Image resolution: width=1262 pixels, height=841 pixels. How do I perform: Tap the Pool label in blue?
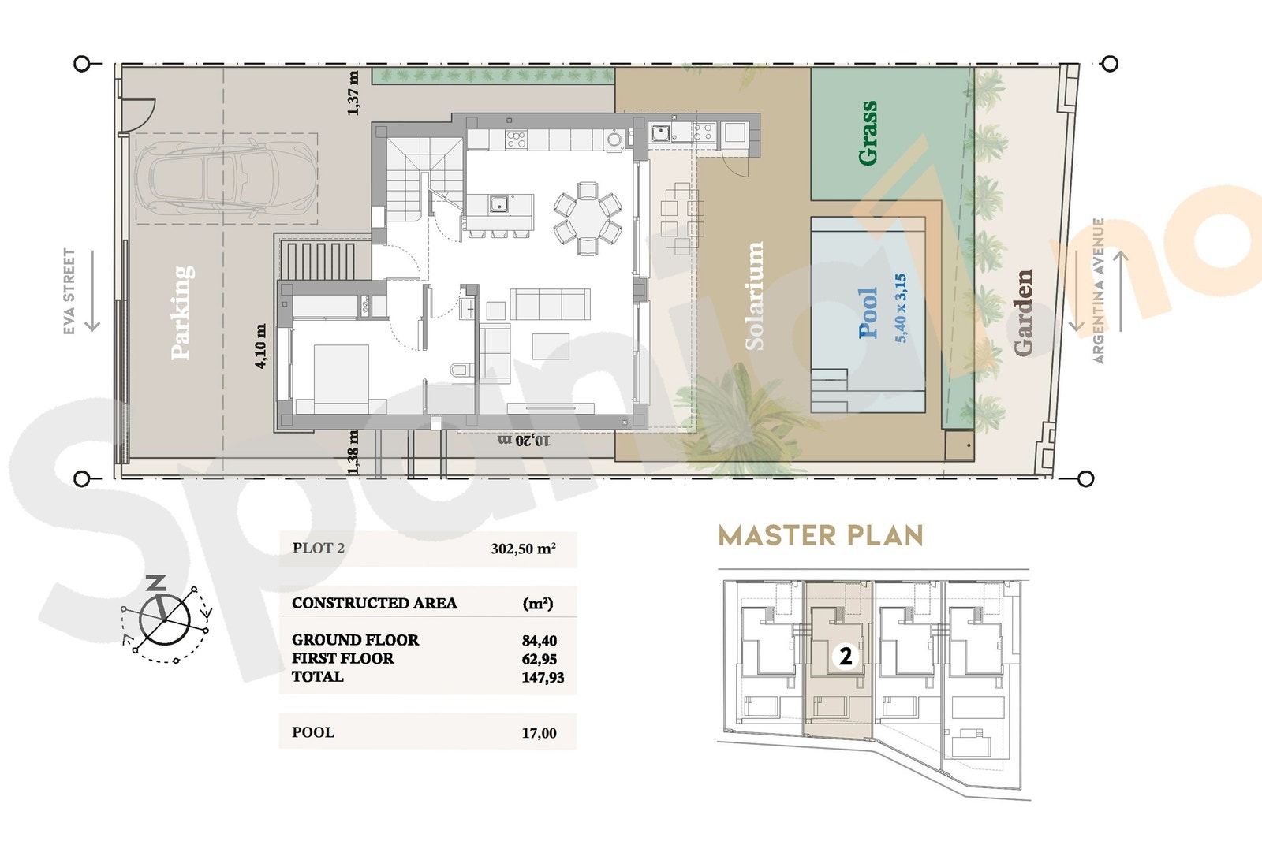point(868,313)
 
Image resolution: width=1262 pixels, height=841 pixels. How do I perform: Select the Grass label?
point(868,132)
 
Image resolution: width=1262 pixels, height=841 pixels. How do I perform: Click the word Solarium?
point(755,296)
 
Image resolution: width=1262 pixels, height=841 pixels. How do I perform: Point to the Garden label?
point(1023,312)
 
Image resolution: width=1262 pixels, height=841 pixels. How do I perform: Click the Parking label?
point(182,313)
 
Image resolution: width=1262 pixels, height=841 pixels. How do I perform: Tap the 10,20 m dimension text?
point(524,440)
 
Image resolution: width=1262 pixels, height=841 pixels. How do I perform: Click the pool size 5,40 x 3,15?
point(901,307)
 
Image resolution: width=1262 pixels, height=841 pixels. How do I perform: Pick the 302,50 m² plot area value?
point(523,549)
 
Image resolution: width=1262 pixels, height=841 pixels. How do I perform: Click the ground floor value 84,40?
point(540,641)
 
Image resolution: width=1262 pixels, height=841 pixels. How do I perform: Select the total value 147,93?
point(543,677)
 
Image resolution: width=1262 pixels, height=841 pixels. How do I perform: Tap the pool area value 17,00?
point(539,733)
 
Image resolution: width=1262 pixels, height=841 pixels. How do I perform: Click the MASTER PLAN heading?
point(820,536)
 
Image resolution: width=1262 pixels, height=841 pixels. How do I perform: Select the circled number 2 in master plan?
point(846,656)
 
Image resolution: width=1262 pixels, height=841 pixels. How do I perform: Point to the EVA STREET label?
point(69,291)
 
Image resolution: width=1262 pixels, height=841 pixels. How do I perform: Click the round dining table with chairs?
point(588,218)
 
